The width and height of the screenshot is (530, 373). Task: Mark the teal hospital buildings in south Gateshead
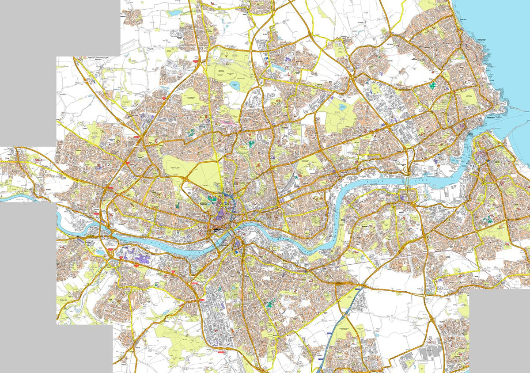pyautogui.click(x=271, y=304)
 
